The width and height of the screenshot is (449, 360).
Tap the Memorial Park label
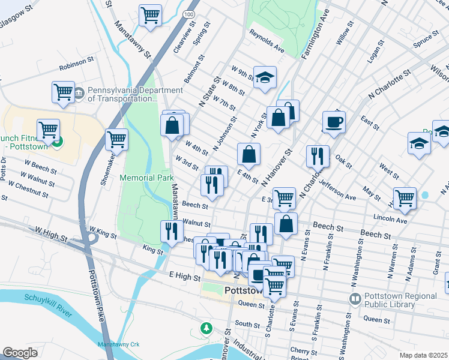pyautogui.click(x=146, y=178)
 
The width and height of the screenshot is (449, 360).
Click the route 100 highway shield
pyautogui.click(x=189, y=13)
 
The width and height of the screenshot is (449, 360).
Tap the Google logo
pyautogui.click(x=20, y=353)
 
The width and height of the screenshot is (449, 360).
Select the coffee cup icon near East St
pyautogui.click(x=334, y=122)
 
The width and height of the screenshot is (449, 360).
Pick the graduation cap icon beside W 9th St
pyautogui.click(x=264, y=77)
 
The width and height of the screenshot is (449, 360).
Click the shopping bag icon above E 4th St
pyautogui.click(x=249, y=155)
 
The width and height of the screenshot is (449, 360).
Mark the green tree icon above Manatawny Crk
pyautogui.click(x=206, y=328)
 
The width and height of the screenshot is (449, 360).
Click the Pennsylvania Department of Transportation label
pyautogui.click(x=134, y=95)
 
